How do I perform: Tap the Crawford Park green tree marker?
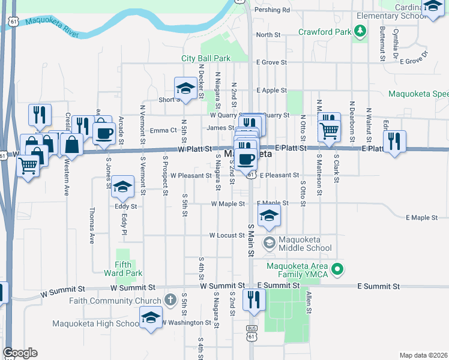(x=360, y=31)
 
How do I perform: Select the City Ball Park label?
(x=206, y=58)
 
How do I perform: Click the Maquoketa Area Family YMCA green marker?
(x=337, y=271)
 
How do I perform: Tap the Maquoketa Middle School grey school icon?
(x=270, y=242)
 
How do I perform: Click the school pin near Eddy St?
(x=123, y=188)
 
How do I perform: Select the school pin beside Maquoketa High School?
(x=151, y=316)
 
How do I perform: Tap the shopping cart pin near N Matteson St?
(x=329, y=130)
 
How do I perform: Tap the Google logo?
(x=20, y=353)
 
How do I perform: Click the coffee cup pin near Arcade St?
(x=104, y=133)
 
